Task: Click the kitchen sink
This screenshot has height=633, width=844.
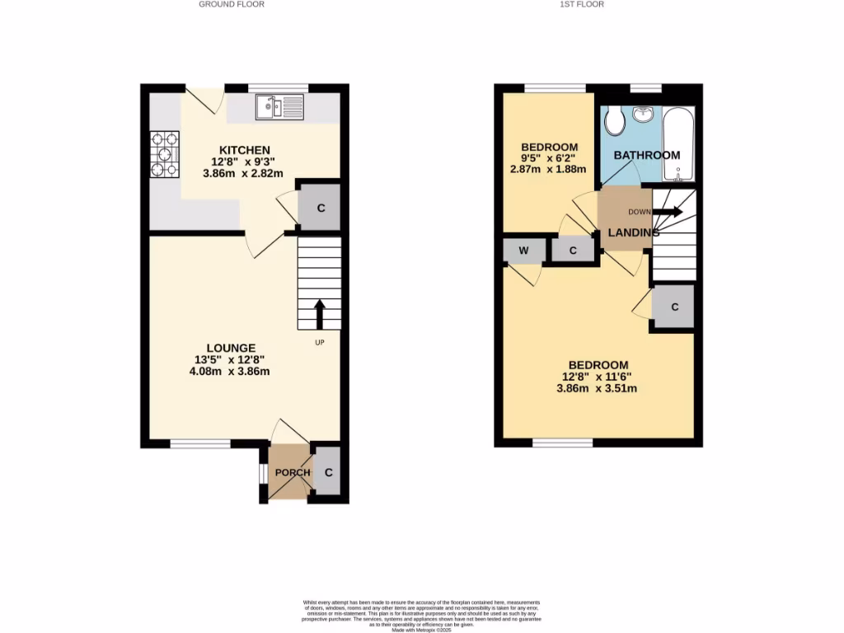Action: pyautogui.click(x=279, y=106)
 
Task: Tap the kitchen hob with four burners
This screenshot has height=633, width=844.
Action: pyautogui.click(x=165, y=155)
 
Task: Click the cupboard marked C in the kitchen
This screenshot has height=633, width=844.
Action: pyautogui.click(x=321, y=208)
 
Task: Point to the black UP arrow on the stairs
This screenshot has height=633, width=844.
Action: pyautogui.click(x=319, y=314)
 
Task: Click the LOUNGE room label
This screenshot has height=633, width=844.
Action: pyautogui.click(x=231, y=348)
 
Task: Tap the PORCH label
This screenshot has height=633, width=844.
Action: pyautogui.click(x=293, y=472)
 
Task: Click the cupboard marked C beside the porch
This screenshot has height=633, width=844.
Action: pyautogui.click(x=328, y=472)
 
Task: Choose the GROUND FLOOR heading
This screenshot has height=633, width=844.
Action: pyautogui.click(x=232, y=4)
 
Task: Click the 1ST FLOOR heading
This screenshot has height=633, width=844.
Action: pyautogui.click(x=582, y=4)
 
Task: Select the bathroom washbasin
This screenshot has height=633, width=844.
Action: pyautogui.click(x=644, y=114)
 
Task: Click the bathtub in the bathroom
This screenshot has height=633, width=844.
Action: pyautogui.click(x=679, y=143)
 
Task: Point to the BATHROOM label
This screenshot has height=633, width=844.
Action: pyautogui.click(x=646, y=155)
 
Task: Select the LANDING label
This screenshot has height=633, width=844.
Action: pyautogui.click(x=633, y=233)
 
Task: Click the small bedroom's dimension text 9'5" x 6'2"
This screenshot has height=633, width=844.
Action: pyautogui.click(x=548, y=158)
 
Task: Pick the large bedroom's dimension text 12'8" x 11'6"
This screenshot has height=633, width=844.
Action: pyautogui.click(x=598, y=377)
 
